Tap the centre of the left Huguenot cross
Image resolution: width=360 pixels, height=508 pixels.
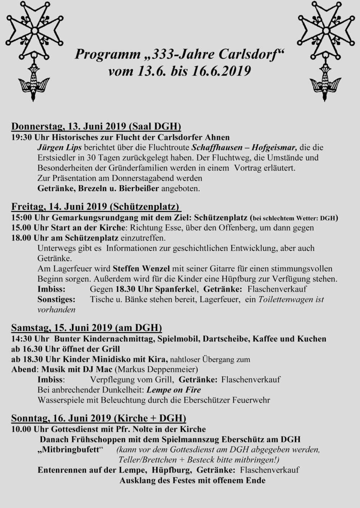point(35,31)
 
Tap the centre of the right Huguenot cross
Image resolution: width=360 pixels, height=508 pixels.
point(325,31)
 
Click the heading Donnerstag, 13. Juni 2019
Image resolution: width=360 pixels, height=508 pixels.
point(69,127)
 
